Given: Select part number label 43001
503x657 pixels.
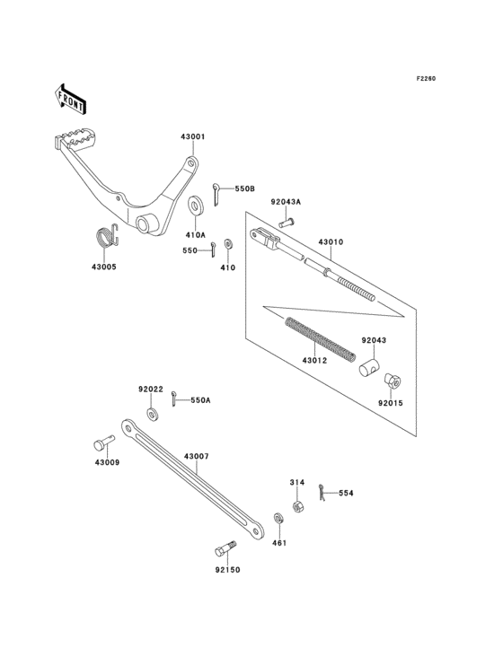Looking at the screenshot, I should point(192,137).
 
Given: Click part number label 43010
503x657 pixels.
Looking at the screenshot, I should point(331,242).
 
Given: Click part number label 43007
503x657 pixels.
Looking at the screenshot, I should point(197,457).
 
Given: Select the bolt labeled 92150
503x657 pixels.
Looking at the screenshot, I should point(225,547).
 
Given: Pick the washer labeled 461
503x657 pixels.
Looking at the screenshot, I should point(279,518).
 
